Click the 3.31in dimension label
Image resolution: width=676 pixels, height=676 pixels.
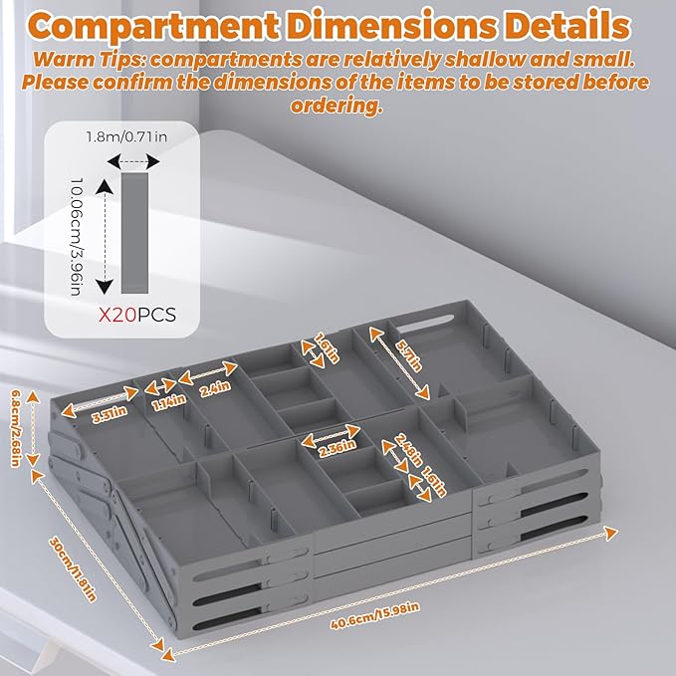[110, 415]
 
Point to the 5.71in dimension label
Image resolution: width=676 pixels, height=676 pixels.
[409, 356]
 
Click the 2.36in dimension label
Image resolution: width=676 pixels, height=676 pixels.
[338, 448]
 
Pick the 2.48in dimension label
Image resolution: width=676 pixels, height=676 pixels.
[408, 450]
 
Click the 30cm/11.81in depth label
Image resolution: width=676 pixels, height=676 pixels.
[73, 568]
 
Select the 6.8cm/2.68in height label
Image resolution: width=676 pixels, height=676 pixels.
[15, 428]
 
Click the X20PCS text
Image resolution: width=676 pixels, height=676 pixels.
[137, 315]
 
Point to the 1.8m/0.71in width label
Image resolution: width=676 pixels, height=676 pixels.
[126, 137]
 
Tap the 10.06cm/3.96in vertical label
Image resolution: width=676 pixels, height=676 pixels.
[76, 237]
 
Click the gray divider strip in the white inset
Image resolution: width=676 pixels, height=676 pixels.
[134, 233]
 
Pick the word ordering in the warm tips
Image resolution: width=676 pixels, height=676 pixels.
[337, 105]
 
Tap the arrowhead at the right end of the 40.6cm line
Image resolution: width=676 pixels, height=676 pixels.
[611, 534]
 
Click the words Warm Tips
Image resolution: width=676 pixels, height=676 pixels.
[91, 59]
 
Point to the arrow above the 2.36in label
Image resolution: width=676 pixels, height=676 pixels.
[331, 435]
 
